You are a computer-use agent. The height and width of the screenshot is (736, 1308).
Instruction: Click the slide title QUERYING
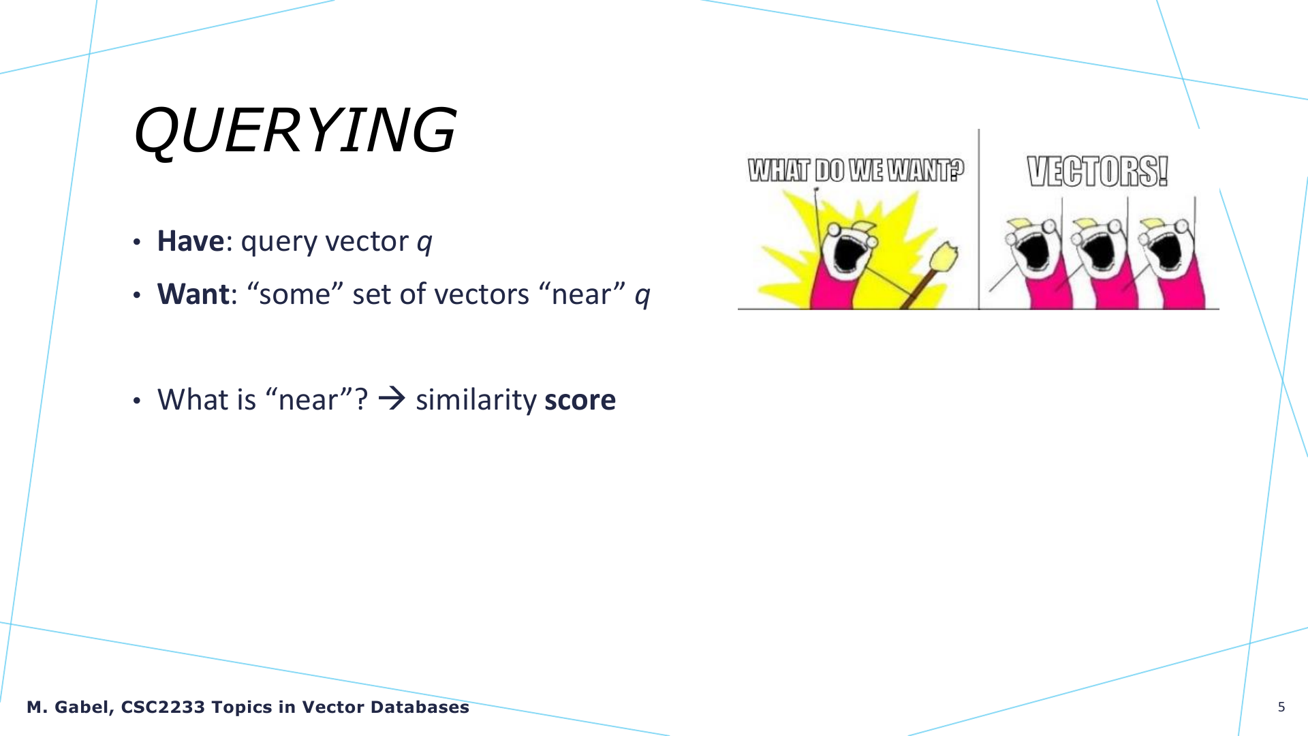tap(294, 131)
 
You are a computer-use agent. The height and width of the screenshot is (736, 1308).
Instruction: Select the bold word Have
tap(190, 241)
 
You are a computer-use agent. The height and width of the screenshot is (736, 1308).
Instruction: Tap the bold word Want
tap(193, 294)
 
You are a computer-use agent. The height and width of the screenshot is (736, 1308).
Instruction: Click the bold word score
tap(580, 400)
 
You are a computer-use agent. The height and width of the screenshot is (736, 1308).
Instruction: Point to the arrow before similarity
tap(392, 398)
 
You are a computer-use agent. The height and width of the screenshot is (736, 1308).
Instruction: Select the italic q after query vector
tap(424, 243)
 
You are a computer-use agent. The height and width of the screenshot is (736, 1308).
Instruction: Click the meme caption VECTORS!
tap(1097, 171)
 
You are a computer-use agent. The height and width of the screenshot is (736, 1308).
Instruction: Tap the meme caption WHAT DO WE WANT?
tap(856, 170)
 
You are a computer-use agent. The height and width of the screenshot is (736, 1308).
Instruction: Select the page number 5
tap(1281, 707)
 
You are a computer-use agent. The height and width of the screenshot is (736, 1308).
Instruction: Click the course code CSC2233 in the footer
tap(163, 707)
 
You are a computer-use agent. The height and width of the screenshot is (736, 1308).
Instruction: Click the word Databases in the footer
tap(420, 707)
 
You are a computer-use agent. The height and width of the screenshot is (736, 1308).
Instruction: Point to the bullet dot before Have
tap(137, 243)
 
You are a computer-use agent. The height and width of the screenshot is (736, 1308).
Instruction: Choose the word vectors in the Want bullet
tap(482, 295)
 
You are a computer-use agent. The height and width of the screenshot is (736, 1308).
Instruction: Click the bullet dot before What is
tap(137, 401)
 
